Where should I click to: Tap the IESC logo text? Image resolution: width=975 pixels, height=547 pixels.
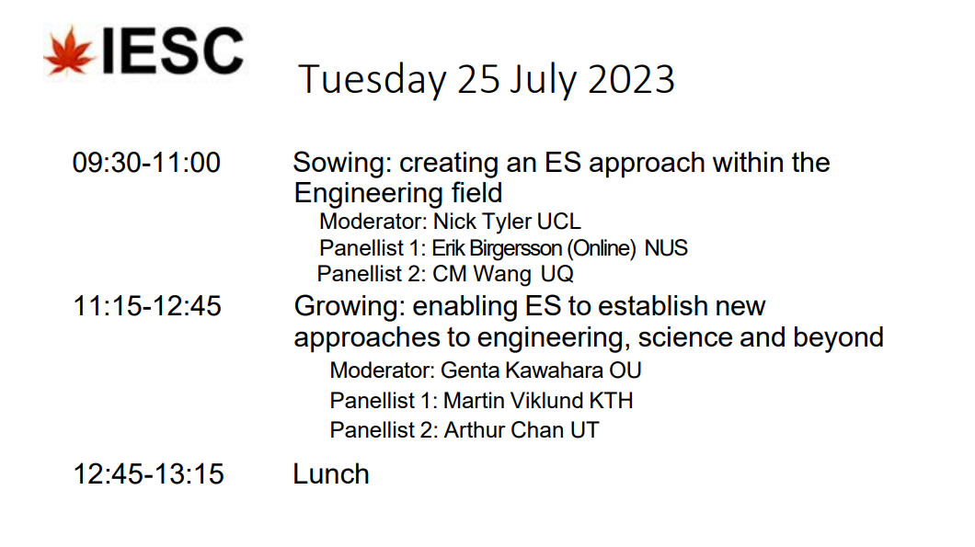click(172, 51)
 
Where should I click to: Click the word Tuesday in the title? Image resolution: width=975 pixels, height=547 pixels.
click(372, 80)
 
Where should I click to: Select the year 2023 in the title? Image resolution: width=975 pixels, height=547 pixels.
click(630, 80)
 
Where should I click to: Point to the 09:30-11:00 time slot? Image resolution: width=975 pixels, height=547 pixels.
click(146, 163)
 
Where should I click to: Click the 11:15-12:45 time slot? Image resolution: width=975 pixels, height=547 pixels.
click(147, 306)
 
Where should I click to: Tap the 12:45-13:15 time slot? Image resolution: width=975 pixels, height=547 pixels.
click(148, 474)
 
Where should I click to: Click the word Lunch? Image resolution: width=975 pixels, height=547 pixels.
click(331, 474)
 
